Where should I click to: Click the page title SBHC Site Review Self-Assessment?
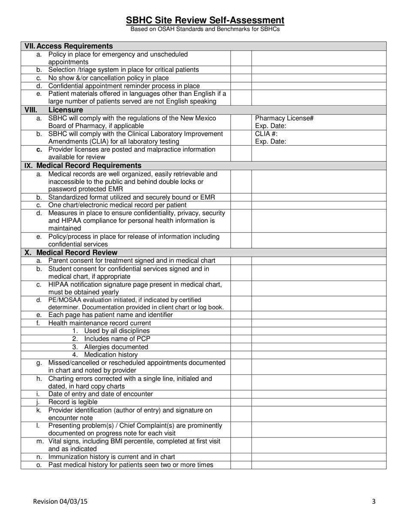(x=205, y=20)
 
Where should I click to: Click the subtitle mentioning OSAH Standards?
(x=205, y=29)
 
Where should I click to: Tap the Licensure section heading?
(x=66, y=110)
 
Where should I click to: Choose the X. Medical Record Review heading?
(x=71, y=253)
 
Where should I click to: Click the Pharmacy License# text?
(x=284, y=118)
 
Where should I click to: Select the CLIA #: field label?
(x=266, y=134)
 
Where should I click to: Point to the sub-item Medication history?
(x=111, y=355)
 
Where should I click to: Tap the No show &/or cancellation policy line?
(x=108, y=78)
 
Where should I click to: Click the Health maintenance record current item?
(x=99, y=323)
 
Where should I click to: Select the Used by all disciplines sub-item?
(x=117, y=331)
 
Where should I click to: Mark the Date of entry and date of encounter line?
(x=100, y=394)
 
